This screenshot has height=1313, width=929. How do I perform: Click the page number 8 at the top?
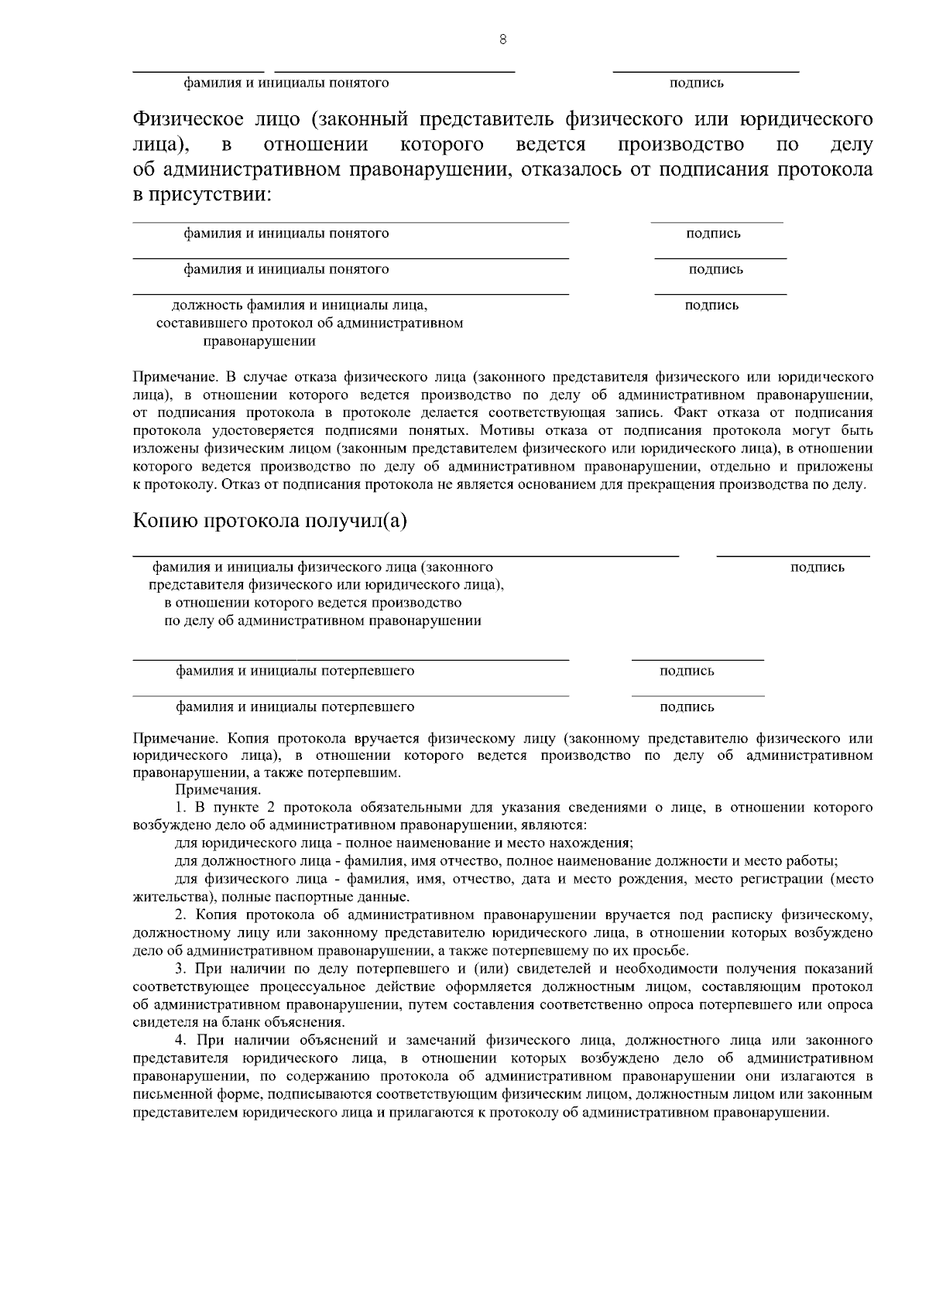coord(503,40)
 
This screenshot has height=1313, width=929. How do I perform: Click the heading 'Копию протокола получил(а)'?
coord(270,521)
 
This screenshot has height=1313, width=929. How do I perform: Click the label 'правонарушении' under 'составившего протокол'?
coord(259,340)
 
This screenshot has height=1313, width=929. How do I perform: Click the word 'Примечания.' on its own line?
coord(218,790)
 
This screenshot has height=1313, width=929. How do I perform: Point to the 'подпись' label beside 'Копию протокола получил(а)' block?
coord(818,568)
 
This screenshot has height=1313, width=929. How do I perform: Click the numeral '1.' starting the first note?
coord(180,808)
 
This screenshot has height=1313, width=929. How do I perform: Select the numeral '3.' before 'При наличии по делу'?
coord(180,969)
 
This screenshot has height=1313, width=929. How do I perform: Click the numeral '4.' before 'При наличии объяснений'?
coord(180,1040)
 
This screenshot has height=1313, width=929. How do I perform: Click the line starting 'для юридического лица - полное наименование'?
coord(405,843)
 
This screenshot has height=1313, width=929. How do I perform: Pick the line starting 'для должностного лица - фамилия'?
coord(507,861)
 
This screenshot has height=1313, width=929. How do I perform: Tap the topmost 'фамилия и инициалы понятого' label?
coord(286,83)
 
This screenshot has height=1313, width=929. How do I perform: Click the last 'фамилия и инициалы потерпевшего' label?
coord(295,707)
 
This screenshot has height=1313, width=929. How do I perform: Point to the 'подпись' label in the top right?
coord(697,83)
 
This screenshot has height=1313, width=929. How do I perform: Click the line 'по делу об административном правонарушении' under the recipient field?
coord(323,621)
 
